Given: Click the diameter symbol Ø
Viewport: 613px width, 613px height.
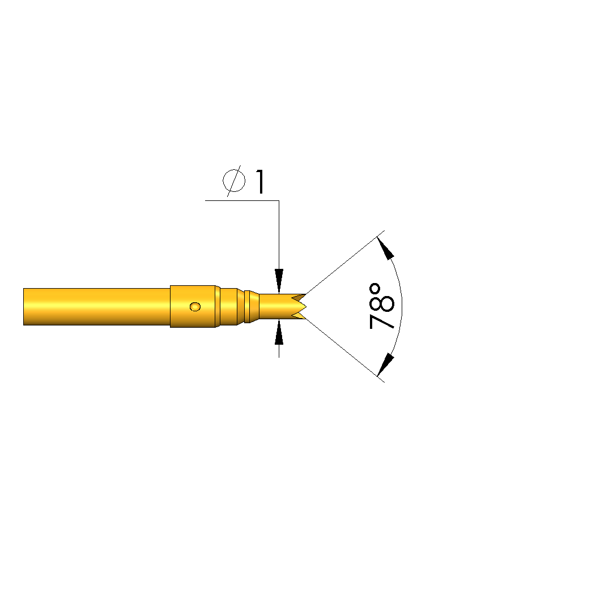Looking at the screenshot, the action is coord(234,181).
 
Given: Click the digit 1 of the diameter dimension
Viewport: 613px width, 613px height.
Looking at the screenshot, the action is coord(260,182).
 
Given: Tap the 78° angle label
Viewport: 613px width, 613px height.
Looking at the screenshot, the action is coord(382,306).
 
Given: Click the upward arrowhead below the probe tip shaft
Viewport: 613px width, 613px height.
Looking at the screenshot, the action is coord(279,332).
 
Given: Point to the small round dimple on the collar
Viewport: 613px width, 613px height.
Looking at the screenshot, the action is coord(195,307).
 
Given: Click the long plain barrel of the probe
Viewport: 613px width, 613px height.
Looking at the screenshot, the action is coord(97,307).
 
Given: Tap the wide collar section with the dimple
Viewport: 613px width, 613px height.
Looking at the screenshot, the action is coord(193,307).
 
